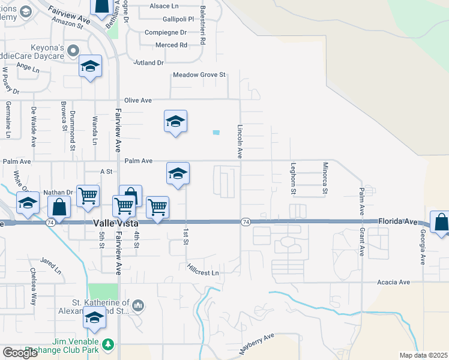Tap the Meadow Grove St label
199,75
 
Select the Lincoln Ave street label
240,142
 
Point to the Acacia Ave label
393,282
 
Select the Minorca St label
325,178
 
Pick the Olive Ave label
138,100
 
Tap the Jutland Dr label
149,62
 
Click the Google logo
20,353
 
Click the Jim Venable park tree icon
107,344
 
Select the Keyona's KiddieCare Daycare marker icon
74,49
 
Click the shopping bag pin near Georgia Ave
441,222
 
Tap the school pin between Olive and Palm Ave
175,122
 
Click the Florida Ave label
397,221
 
